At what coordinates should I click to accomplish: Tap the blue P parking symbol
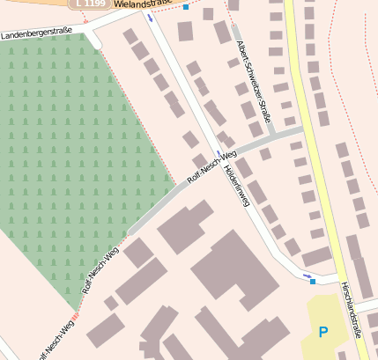click(x=322, y=332)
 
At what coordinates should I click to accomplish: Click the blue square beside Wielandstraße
click(x=186, y=7)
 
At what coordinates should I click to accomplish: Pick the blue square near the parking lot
click(x=313, y=282)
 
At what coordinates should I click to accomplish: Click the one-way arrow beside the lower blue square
click(x=307, y=276)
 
